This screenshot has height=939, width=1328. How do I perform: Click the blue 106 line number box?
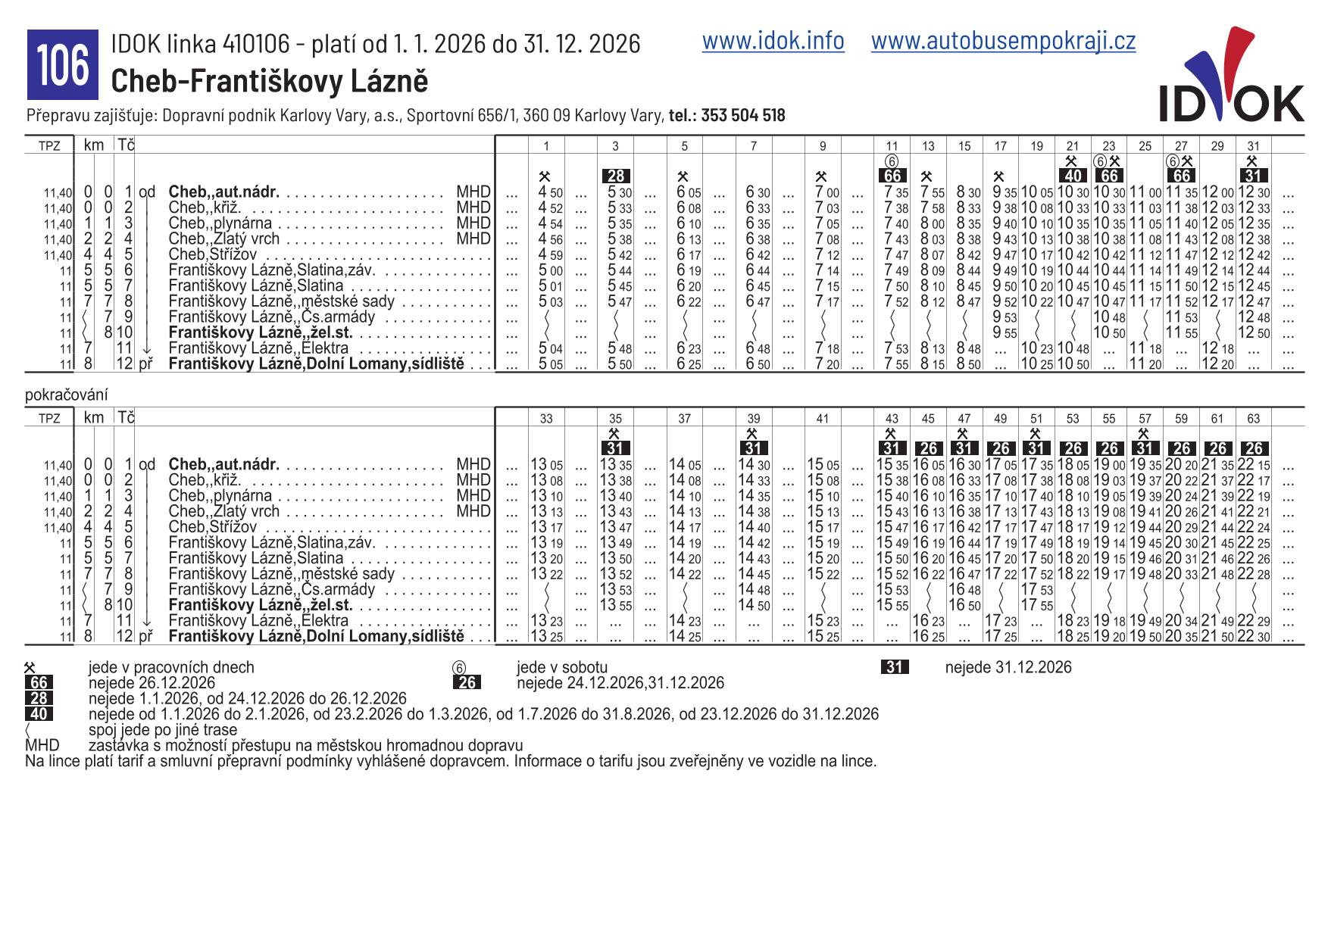coord(63,65)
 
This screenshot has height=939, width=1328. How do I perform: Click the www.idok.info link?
coord(773,41)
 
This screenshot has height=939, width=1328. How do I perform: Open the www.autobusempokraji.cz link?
coord(1003,41)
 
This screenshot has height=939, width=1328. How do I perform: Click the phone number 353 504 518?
coord(742,115)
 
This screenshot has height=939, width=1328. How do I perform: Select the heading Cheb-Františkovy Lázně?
coord(270,81)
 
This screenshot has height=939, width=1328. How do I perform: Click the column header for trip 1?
coord(547,146)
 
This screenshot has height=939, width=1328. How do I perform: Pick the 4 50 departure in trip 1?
coord(550,192)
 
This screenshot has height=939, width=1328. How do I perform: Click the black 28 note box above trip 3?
coord(616,176)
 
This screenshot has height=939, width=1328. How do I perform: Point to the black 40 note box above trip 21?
coord(1072,176)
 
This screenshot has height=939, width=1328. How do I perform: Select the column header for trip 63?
coord(1253,418)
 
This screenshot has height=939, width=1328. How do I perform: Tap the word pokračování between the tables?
coord(66,395)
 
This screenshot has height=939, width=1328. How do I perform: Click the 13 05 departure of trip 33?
coord(546,465)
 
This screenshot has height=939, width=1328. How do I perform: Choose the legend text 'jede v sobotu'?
coord(562,667)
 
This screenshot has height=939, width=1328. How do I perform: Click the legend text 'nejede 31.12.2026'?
coord(1008,667)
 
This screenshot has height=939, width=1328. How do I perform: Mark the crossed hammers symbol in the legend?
coord(30,668)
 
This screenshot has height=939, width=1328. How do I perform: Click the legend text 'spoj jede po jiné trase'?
coord(162,730)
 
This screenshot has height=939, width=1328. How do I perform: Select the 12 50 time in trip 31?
coord(1253,333)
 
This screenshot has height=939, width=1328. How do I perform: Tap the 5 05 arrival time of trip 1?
coord(550,365)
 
